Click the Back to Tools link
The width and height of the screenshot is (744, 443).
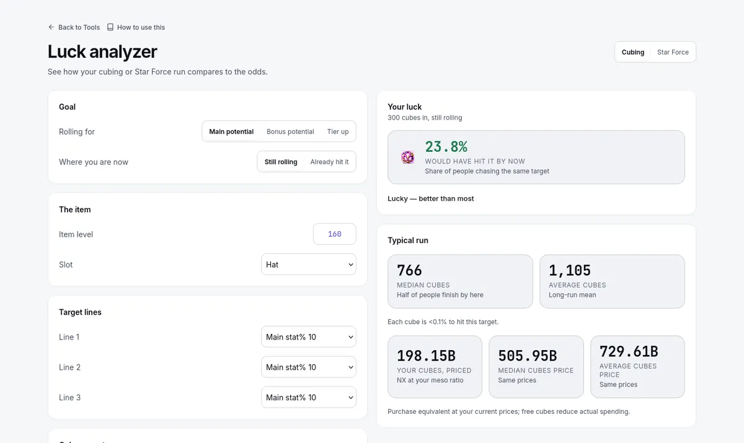[74, 27]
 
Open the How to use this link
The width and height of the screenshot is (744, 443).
[136, 27]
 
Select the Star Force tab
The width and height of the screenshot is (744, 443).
[673, 52]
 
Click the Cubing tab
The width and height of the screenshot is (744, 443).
[633, 52]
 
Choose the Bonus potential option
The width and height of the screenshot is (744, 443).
[290, 131]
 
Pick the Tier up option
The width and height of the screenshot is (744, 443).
[338, 131]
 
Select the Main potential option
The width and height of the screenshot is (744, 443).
[231, 131]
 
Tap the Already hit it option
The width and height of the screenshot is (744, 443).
[329, 162]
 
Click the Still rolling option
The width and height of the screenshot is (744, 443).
[281, 162]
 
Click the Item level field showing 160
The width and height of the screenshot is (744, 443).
[334, 234]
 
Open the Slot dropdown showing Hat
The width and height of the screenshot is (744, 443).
[309, 265]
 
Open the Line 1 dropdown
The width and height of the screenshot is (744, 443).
[309, 337]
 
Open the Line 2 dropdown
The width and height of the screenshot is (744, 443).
[309, 367]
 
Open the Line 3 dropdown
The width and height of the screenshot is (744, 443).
[309, 397]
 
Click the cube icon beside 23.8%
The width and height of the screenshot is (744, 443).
[407, 157]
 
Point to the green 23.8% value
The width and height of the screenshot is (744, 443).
[446, 147]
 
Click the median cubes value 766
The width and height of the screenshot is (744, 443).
[409, 270]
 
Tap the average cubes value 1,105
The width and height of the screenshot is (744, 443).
[570, 270]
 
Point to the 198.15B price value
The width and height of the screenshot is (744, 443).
[426, 356]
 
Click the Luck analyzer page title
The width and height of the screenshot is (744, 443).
[102, 51]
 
